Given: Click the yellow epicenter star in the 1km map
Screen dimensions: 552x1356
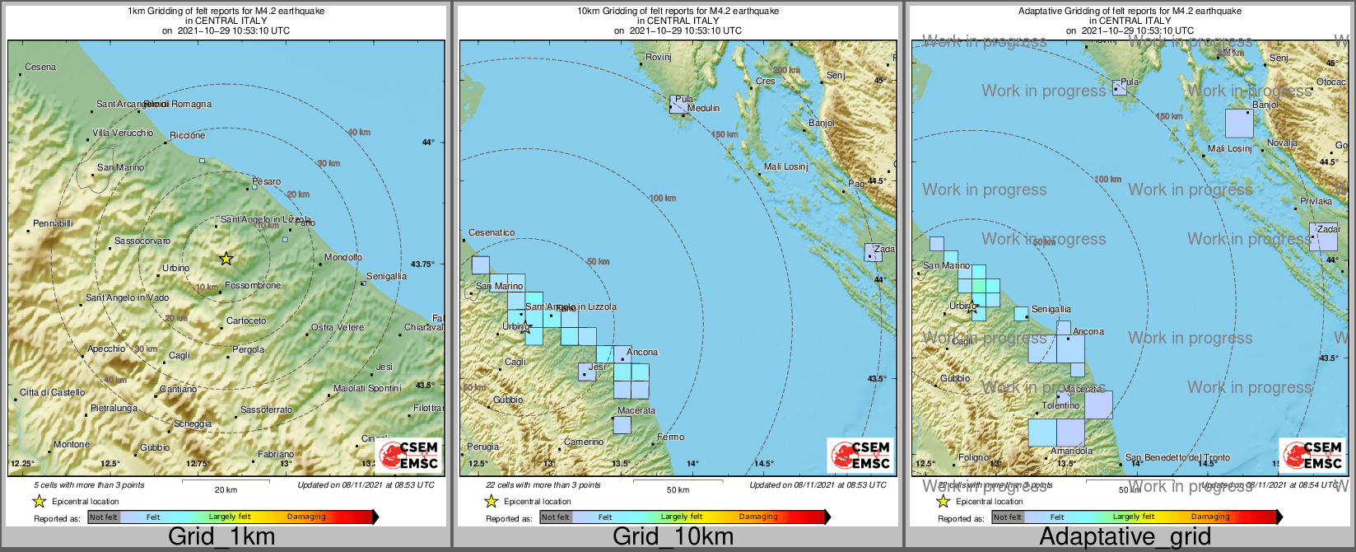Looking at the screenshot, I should [x=226, y=259].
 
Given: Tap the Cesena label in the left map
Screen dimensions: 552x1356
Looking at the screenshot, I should [x=40, y=67].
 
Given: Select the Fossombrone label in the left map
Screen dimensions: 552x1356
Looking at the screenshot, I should [x=253, y=285].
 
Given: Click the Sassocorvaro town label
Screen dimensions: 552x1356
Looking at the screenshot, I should [x=142, y=241].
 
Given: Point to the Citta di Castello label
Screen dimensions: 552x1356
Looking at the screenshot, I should [x=53, y=392].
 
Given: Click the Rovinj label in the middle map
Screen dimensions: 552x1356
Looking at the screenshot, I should [x=659, y=57].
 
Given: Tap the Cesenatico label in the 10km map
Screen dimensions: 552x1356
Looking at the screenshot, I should [x=492, y=232].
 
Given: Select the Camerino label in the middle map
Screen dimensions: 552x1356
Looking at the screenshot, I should [x=584, y=442].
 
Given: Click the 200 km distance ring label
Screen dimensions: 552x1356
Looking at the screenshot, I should [x=786, y=70].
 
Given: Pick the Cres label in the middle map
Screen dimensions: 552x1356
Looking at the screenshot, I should [x=765, y=81].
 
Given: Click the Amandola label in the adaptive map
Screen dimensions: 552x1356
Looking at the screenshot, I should [x=1071, y=451].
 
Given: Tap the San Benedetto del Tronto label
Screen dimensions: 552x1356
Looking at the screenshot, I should [x=1177, y=457].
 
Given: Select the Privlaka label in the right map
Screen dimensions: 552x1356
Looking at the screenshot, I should [x=1316, y=201].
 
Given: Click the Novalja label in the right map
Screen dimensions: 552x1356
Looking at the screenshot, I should [x=1282, y=143].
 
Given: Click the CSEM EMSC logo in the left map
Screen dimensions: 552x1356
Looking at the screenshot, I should [x=410, y=455].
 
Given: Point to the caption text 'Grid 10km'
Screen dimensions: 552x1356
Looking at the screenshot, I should [x=673, y=537].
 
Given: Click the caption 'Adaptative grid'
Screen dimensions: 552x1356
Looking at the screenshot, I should [x=1125, y=537].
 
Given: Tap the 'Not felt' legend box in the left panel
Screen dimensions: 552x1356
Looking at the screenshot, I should [x=104, y=517].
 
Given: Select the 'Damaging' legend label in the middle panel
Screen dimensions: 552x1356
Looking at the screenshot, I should [x=757, y=517].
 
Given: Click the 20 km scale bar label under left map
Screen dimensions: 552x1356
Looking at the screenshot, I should [x=226, y=489].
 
